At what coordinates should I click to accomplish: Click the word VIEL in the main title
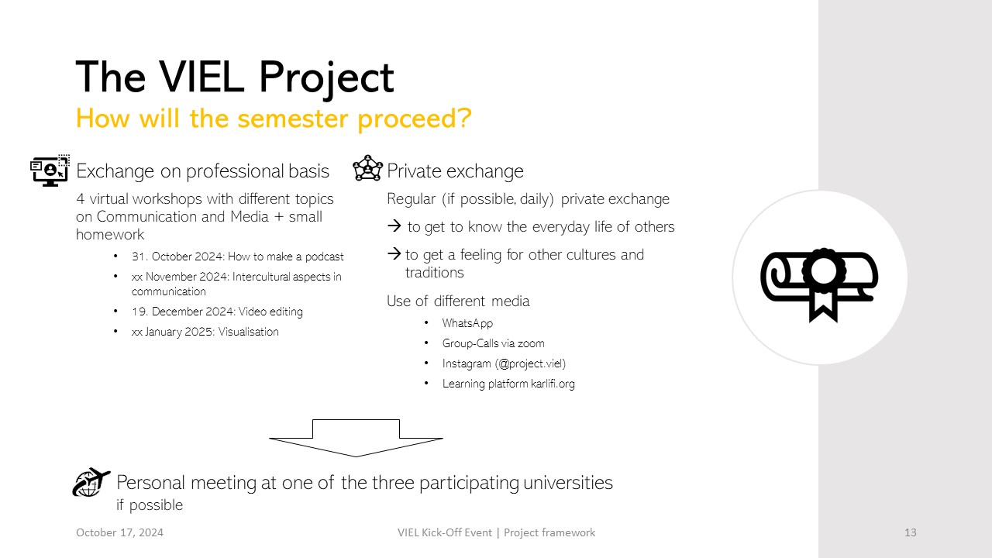pyautogui.click(x=201, y=77)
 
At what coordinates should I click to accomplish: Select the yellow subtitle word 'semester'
pyautogui.click(x=292, y=119)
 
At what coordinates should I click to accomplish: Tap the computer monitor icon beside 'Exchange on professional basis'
pyautogui.click(x=50, y=170)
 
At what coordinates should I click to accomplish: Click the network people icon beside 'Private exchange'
pyautogui.click(x=367, y=168)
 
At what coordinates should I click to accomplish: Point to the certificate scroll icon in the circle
pyautogui.click(x=820, y=284)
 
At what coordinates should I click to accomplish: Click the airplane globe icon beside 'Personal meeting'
pyautogui.click(x=91, y=482)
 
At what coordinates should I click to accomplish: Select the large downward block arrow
pyautogui.click(x=356, y=438)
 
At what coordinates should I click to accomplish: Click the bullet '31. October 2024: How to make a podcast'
pyautogui.click(x=237, y=257)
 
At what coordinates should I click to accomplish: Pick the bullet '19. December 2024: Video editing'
pyautogui.click(x=217, y=312)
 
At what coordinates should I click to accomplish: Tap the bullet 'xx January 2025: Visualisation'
pyautogui.click(x=205, y=332)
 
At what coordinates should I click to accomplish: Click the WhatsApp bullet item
pyautogui.click(x=467, y=323)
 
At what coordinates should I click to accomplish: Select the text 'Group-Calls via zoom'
pyautogui.click(x=494, y=343)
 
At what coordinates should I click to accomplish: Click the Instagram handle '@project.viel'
pyautogui.click(x=531, y=363)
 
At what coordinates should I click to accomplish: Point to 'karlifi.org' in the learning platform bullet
pyautogui.click(x=553, y=384)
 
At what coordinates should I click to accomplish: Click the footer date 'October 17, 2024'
pyautogui.click(x=119, y=532)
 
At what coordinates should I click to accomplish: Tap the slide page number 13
pyautogui.click(x=910, y=532)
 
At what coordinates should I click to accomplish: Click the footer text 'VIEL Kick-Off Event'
pyautogui.click(x=445, y=532)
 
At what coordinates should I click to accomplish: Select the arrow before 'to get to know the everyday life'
pyautogui.click(x=394, y=226)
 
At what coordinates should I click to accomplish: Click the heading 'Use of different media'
pyautogui.click(x=458, y=301)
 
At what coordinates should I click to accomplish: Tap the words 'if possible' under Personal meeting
pyautogui.click(x=150, y=505)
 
